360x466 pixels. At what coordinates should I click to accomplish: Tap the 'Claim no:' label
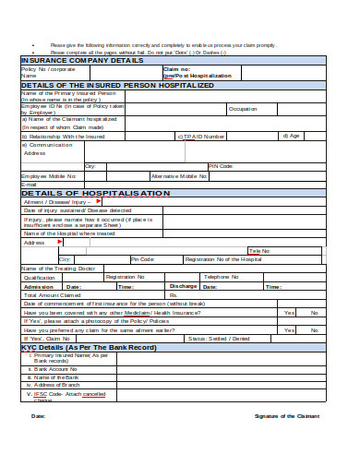point(177,68)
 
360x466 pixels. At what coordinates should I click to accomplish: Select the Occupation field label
point(243,109)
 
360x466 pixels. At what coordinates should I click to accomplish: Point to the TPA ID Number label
point(202,136)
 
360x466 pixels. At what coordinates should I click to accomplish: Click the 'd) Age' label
point(292,136)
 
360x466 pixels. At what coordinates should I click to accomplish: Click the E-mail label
point(30,184)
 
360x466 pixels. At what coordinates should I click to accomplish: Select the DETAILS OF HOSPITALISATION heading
point(95,193)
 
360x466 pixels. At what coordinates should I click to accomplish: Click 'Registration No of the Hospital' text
point(226,259)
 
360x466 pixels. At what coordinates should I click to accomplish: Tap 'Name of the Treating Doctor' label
point(58,268)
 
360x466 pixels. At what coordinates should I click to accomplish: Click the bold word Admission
point(38,286)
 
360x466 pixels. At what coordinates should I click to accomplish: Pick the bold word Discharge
point(184,286)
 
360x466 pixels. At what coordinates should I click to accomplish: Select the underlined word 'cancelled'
point(94,394)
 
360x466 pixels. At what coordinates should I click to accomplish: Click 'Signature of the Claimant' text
point(286,416)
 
